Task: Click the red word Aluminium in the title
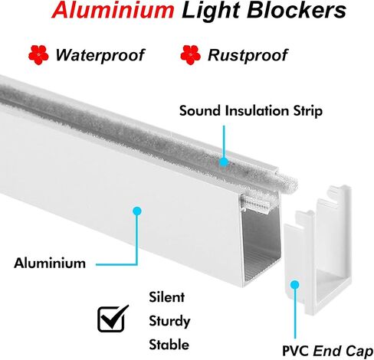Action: [x=113, y=10]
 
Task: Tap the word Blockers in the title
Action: [x=297, y=10]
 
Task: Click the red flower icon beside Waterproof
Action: [x=38, y=55]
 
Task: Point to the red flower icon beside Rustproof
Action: [x=190, y=55]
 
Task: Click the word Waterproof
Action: [x=100, y=55]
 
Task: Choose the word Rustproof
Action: [x=248, y=55]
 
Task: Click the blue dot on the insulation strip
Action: [x=224, y=162]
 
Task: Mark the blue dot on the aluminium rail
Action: [x=137, y=211]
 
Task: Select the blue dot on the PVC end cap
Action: [x=295, y=285]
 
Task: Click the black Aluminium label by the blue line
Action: [x=50, y=263]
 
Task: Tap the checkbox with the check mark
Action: [x=113, y=319]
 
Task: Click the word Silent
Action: [x=166, y=297]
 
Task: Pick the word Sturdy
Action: [x=169, y=321]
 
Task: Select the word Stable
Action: [x=169, y=345]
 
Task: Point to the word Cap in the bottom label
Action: [x=360, y=352]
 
